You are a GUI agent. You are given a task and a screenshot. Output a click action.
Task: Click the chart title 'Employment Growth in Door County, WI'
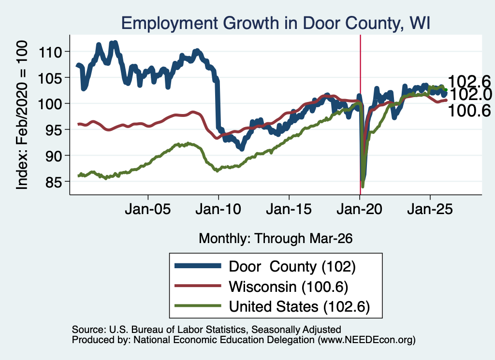(276, 23)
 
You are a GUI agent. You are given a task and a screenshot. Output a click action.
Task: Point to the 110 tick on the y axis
(50, 52)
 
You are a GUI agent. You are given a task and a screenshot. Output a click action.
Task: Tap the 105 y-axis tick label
(50, 78)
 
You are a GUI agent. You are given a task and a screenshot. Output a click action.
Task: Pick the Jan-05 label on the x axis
(148, 209)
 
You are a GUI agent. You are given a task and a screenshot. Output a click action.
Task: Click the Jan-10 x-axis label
(218, 209)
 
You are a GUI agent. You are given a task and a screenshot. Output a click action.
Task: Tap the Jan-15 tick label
(289, 209)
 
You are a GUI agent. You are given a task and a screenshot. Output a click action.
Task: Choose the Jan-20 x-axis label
(360, 209)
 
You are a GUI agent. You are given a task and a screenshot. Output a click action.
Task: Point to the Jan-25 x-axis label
(430, 209)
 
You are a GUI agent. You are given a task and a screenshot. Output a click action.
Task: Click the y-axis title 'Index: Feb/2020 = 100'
(22, 115)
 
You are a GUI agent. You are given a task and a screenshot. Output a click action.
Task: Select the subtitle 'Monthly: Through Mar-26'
(276, 239)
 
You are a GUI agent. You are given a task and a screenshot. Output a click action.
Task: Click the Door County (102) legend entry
(265, 267)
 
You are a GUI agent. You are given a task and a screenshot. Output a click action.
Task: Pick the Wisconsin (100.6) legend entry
(262, 287)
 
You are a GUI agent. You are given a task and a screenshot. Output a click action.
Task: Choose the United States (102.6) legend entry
(272, 306)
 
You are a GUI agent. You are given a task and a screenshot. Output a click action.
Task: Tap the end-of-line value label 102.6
(469, 82)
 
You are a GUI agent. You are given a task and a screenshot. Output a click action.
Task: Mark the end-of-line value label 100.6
(469, 111)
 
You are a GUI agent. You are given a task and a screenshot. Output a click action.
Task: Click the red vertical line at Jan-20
(360, 115)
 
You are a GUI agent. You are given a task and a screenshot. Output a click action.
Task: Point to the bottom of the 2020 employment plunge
(363, 186)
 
